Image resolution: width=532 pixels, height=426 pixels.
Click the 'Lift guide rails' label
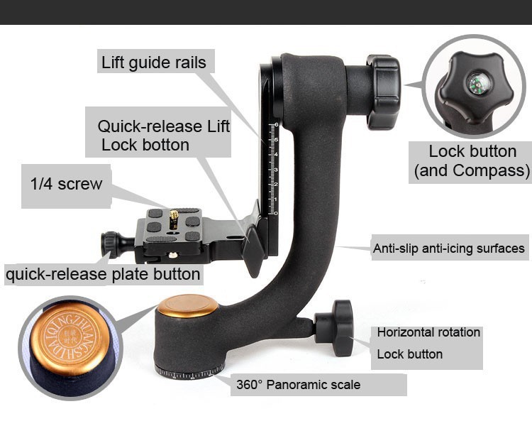[x=154, y=62]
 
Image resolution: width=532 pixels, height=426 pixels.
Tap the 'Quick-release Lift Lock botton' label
[x=164, y=136]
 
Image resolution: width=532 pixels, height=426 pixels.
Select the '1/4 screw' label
[x=66, y=184]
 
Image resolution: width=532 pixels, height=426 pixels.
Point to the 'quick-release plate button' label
[x=103, y=274]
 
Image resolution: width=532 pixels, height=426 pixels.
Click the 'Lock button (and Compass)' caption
[x=472, y=160]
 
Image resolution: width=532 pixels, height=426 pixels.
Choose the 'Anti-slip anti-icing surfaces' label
[x=448, y=248]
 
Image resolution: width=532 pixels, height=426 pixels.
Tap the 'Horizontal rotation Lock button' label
[x=428, y=343]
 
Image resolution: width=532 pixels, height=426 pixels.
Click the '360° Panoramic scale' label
[x=298, y=385]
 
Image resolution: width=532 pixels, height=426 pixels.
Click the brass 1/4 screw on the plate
[x=174, y=219]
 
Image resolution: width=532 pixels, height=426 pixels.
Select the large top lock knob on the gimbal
[x=383, y=92]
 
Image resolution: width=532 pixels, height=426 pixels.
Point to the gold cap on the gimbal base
[x=187, y=305]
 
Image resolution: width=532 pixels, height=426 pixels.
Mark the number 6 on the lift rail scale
[x=277, y=125]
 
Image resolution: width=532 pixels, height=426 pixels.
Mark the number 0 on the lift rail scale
[x=276, y=213]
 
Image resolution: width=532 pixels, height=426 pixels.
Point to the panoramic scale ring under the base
[x=189, y=373]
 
